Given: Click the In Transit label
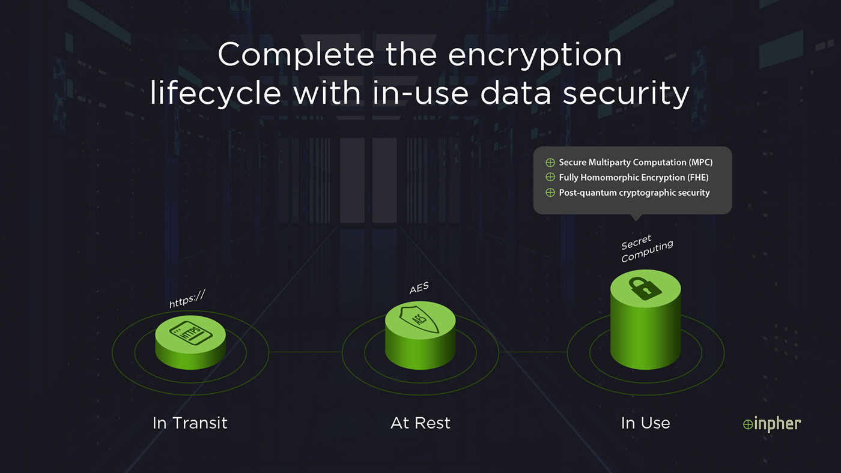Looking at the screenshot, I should (x=190, y=423).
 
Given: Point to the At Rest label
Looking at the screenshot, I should (x=420, y=423).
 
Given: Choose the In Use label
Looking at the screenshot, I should (x=645, y=423).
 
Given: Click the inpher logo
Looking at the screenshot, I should (x=772, y=424).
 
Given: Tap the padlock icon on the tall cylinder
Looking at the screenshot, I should (x=645, y=288).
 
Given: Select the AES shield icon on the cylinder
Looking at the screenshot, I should (x=420, y=318).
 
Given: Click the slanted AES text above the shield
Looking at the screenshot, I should (x=419, y=289).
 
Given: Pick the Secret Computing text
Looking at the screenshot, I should (x=646, y=249).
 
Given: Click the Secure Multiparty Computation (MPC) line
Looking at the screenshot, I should (x=636, y=162).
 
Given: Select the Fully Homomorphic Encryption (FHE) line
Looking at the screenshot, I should (x=633, y=177).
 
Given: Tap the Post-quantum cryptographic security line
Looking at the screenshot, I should (x=634, y=193).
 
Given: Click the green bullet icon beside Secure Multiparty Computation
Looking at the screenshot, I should (x=550, y=162).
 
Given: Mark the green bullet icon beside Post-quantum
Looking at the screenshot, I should (x=550, y=193).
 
